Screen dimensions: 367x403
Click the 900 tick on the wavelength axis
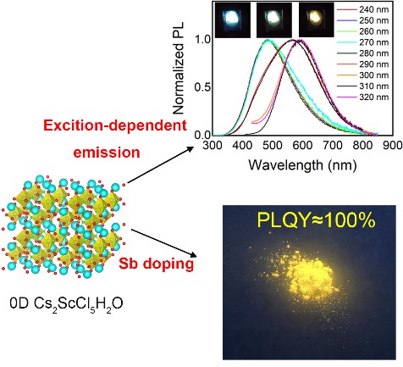coord(391,144)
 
